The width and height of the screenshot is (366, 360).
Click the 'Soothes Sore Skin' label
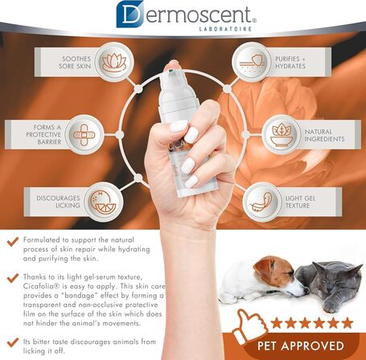(x=65, y=63)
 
